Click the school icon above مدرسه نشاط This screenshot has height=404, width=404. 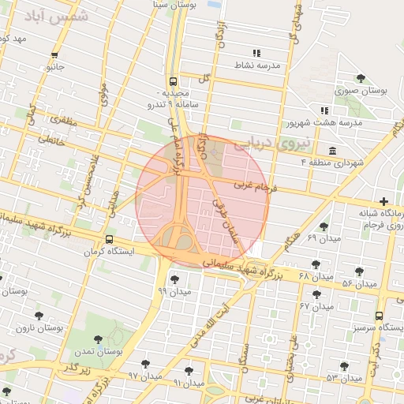[x=256, y=53]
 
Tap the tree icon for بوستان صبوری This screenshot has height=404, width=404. [x=361, y=78]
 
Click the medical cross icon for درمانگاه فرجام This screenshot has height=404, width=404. [x=384, y=201]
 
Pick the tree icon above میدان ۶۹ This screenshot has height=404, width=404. [x=324, y=226]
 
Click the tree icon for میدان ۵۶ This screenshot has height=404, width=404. [x=359, y=271]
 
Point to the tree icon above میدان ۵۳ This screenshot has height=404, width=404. [x=344, y=365]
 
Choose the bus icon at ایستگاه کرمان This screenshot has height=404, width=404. [x=109, y=239]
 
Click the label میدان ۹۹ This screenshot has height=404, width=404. [x=173, y=291]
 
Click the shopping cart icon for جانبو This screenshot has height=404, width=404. [x=54, y=55]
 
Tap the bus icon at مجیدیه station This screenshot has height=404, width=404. [x=172, y=81]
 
